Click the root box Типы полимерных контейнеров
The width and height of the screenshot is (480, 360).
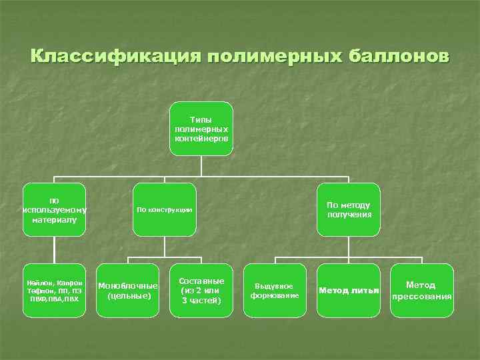tap(201, 129)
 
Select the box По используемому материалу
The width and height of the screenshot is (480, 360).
tap(54, 209)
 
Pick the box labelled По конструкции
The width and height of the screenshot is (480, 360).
tap(164, 209)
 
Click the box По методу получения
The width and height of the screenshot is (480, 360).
tap(348, 209)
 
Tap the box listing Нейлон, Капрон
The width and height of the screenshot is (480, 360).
tap(54, 291)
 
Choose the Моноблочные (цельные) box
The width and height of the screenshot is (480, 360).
tap(127, 291)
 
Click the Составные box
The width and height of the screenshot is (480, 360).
tap(201, 291)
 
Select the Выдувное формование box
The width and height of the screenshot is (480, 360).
tap(275, 291)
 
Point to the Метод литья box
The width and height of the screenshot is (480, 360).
tap(348, 291)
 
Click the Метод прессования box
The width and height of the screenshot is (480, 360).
tap(421, 291)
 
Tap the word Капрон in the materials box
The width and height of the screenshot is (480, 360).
tap(69, 283)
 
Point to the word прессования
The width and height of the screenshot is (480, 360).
tap(421, 297)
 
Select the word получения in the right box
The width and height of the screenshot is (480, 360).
tap(349, 215)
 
